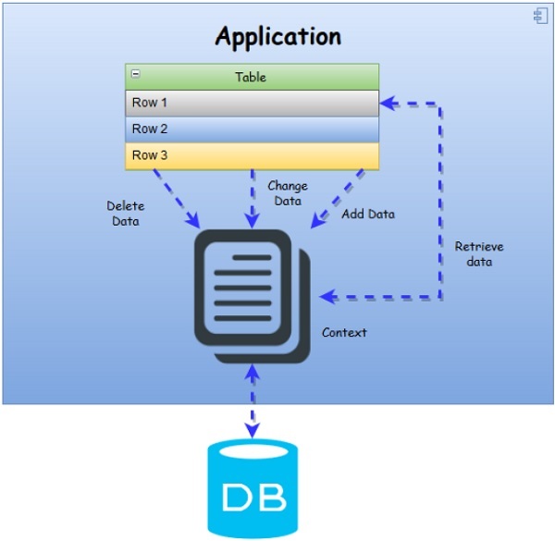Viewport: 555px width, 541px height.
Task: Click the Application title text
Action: point(277,37)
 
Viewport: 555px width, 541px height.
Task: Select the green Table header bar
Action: point(253,77)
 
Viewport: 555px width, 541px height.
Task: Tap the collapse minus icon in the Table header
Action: point(136,74)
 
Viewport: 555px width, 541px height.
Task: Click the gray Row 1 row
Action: point(253,103)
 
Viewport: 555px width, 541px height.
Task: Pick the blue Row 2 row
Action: point(253,129)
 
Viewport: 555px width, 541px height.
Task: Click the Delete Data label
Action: point(125,214)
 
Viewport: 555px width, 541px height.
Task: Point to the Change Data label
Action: point(287,192)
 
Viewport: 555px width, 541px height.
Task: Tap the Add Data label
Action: point(368,215)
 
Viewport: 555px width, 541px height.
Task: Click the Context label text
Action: point(344,332)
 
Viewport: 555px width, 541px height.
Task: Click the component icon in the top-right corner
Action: point(540,16)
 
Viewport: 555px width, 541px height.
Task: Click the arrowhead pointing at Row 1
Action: point(388,104)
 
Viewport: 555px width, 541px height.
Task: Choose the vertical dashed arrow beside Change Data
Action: point(252,199)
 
